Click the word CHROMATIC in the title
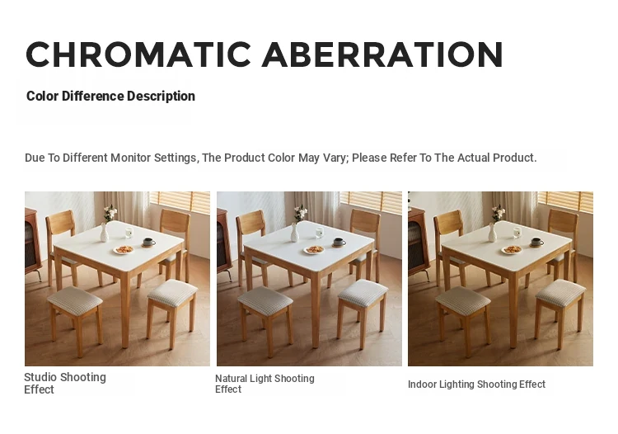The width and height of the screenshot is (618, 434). coord(138,54)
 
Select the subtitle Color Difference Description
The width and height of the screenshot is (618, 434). coord(110,97)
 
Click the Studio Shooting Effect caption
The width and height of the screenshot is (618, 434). coord(65,383)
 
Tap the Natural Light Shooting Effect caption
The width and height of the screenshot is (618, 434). coord(265,384)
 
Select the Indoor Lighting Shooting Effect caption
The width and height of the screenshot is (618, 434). coord(476,384)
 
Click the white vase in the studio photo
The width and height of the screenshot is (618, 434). coord(104,233)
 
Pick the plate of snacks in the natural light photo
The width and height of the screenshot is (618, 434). coord(314,250)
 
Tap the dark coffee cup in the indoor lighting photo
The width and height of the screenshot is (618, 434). coord(536,242)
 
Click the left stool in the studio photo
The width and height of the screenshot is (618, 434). coord(75,318)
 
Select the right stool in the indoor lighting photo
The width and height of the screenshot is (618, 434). coord(560,312)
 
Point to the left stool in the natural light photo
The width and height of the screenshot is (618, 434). coord(265,318)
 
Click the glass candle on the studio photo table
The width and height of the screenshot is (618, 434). coord(129,233)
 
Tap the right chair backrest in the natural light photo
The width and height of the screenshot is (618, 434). coord(365,221)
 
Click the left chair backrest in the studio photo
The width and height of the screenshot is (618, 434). coord(60,223)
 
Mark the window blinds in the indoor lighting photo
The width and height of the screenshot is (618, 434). coord(565,202)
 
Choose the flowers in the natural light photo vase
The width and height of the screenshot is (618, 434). coord(300,213)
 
